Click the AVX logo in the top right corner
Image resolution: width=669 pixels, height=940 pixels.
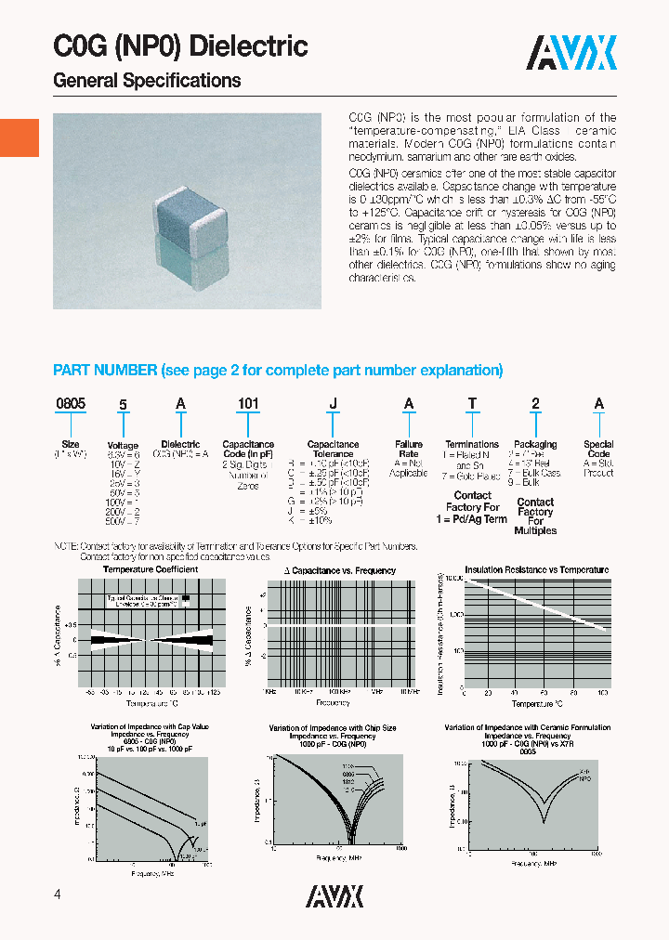point(572,53)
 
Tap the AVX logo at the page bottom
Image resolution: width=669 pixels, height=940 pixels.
point(334,895)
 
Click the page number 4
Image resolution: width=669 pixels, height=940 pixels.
point(59,894)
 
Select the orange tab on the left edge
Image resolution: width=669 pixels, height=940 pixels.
point(19,137)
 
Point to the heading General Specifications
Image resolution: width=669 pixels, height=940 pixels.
point(147,81)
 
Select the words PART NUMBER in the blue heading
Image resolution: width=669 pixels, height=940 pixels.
point(105,370)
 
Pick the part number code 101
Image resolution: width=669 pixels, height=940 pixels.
point(248,404)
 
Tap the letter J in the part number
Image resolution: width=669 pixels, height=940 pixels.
point(333,404)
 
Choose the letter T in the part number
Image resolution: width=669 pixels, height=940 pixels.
point(472,404)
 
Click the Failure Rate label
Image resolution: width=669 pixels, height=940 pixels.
point(408,450)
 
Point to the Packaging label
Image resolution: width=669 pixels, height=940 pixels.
point(535,444)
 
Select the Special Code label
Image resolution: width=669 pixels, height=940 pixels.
point(598,450)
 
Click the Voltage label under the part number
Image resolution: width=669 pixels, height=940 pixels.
point(123,446)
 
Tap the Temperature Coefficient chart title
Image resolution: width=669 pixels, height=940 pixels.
point(150,569)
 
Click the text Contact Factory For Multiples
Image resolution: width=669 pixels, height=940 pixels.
point(535,516)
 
